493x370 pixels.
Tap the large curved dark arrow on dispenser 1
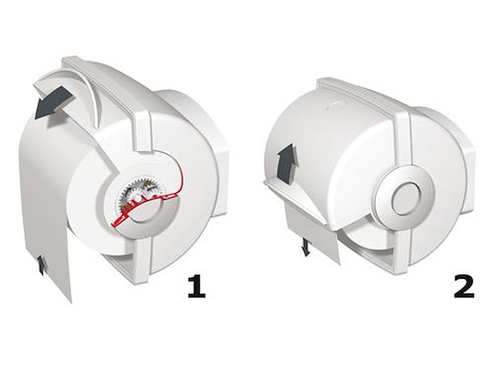pos(52,103)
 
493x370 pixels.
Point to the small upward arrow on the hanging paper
pos(41,265)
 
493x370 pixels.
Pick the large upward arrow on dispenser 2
pos(287,163)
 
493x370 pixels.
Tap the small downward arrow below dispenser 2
pos(306,247)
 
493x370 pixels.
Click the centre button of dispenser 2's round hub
pos(405,199)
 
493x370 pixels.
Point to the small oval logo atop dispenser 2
pos(336,105)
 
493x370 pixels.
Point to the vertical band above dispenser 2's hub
pos(402,138)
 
